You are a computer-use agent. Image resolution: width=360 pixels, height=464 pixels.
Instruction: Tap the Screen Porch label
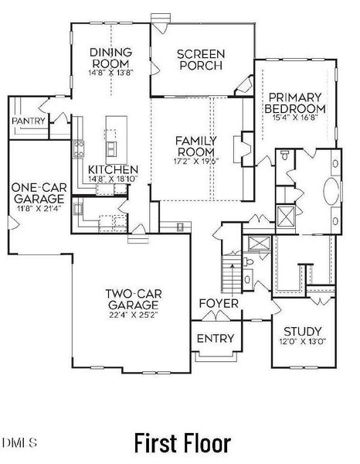point(200,60)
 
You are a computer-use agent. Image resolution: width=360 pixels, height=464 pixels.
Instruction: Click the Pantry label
point(28,121)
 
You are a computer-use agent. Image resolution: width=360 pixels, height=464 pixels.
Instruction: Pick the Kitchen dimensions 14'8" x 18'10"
point(113,179)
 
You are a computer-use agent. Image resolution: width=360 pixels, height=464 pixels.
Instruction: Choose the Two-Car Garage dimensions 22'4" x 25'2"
point(132,317)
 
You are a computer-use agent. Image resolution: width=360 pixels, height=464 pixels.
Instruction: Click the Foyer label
point(219,303)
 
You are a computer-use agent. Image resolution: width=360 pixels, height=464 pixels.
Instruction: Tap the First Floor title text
point(182,443)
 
